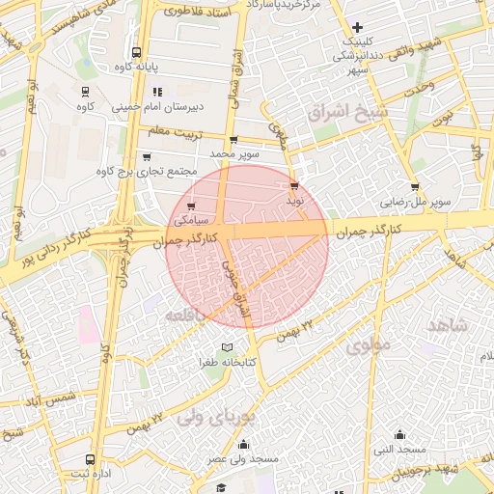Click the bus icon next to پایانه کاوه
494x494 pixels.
pos(136,53)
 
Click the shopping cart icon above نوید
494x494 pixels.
pos(294,186)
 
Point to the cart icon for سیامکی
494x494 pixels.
pos(192,206)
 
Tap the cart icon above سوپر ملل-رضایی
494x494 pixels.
pos(415,187)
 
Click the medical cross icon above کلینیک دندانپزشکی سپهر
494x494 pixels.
pos(358,27)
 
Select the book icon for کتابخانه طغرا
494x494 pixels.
pos(227,347)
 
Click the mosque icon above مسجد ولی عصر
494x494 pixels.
pos(242,445)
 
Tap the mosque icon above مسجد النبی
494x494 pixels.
pos(399,434)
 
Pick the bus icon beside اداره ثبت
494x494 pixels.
pos(90,460)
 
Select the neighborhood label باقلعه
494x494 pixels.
pos(187,316)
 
